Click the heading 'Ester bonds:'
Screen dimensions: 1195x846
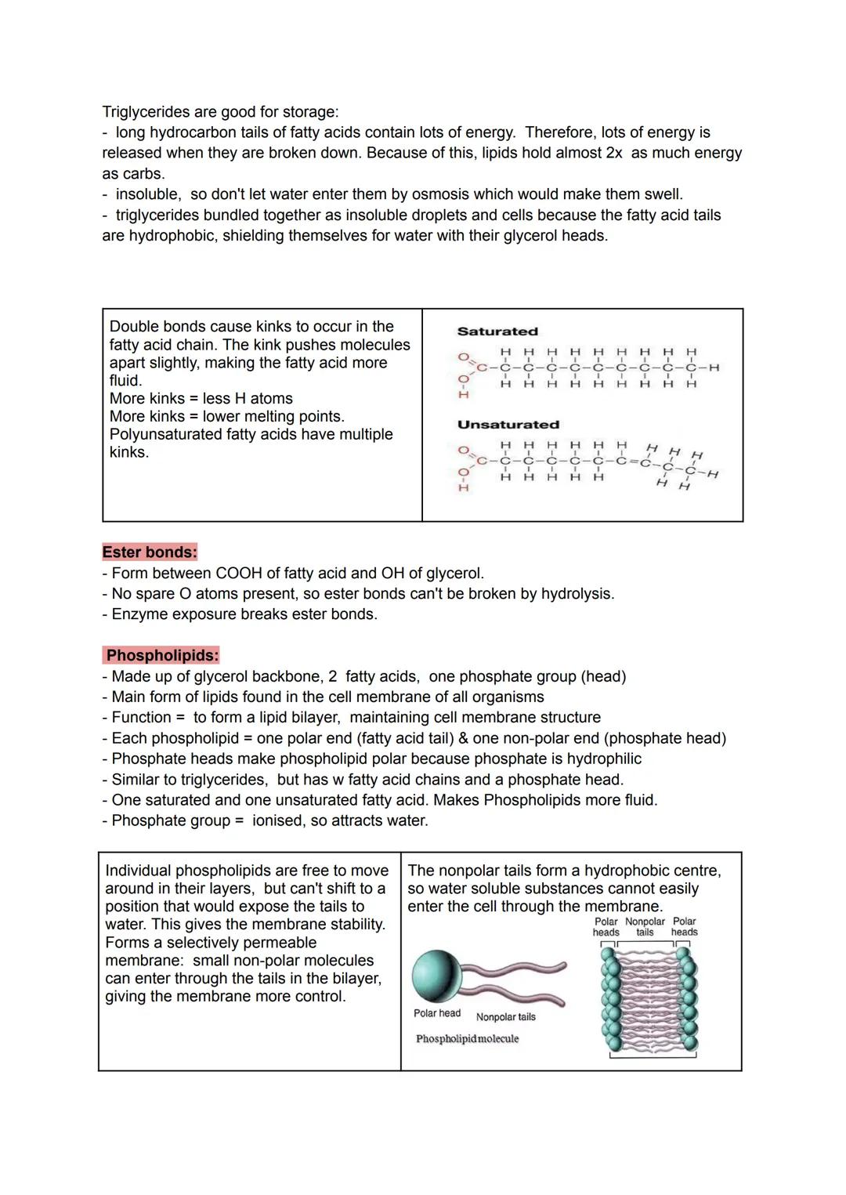point(149,552)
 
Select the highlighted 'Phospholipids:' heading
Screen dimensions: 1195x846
point(162,655)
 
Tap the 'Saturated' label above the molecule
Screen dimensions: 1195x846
point(497,331)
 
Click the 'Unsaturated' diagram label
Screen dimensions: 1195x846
point(508,425)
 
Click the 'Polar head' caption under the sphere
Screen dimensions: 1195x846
point(437,1013)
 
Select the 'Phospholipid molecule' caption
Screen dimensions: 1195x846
point(467,1039)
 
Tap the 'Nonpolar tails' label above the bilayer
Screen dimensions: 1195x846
point(645,927)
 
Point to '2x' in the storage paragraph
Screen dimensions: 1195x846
point(614,153)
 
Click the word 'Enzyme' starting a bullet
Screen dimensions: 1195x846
point(138,614)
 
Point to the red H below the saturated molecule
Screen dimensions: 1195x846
point(463,395)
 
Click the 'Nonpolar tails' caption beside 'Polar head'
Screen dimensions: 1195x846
point(506,1017)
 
